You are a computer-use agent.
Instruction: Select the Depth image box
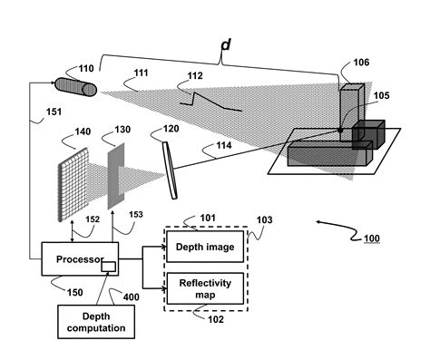click(x=205, y=248)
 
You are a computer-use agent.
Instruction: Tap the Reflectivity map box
click(x=205, y=287)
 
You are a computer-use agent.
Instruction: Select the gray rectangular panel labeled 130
click(x=116, y=178)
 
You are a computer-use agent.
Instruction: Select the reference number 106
click(x=361, y=62)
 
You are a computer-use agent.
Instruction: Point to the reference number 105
click(x=383, y=95)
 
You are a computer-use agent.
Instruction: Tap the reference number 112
click(x=194, y=77)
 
